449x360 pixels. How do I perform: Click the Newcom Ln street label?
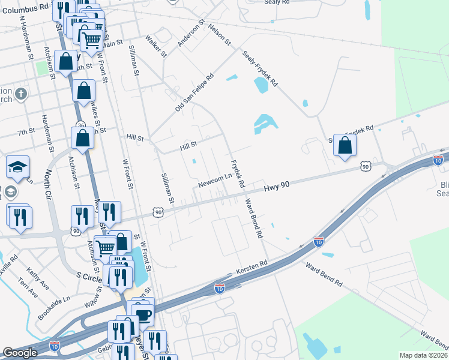[215, 178]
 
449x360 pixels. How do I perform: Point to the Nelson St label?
[219, 35]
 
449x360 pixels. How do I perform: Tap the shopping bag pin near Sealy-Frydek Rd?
[345, 145]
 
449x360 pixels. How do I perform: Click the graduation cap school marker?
[17, 166]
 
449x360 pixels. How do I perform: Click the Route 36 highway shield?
[80, 125]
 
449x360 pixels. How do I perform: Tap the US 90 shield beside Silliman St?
[158, 212]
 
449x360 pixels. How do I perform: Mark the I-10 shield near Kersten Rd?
[220, 289]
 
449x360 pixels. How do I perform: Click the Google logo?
[20, 353]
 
